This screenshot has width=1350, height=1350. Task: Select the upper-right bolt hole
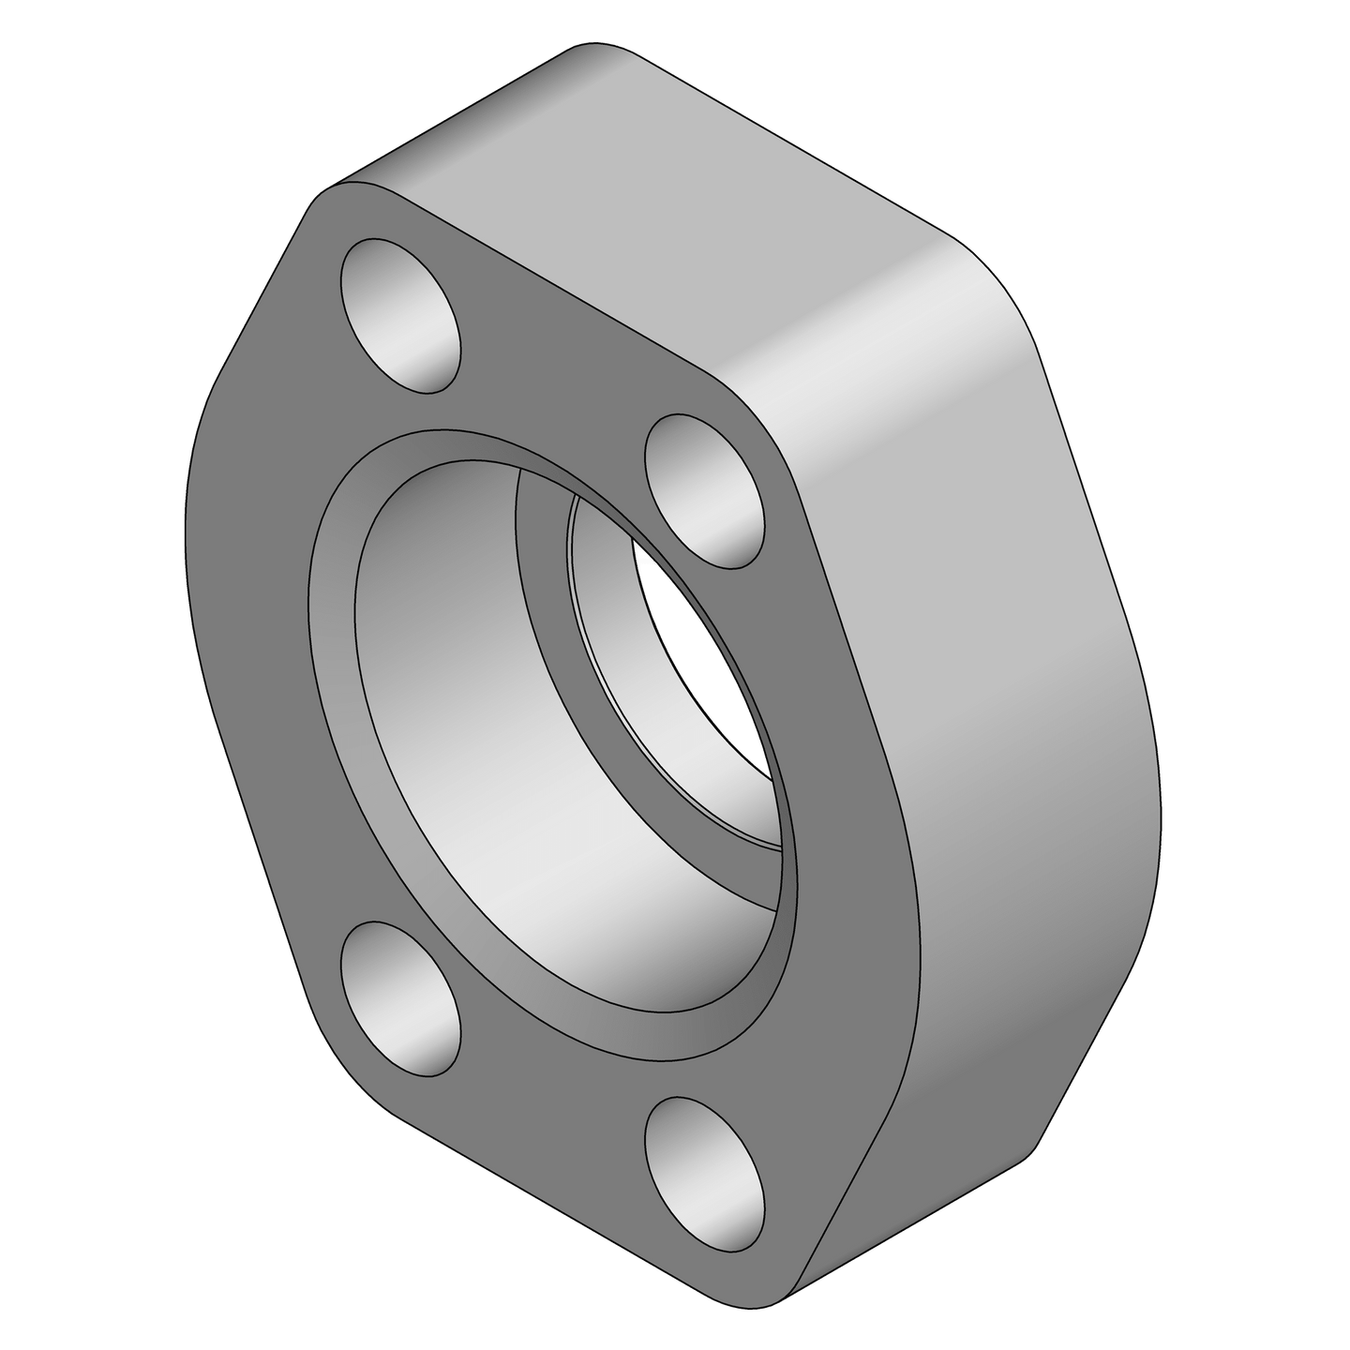(x=705, y=490)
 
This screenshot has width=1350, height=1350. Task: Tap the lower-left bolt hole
(x=401, y=1000)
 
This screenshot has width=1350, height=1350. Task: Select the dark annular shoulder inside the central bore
(x=553, y=600)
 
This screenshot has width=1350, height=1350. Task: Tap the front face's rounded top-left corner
(x=328, y=202)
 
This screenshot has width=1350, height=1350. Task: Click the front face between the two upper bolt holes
(x=553, y=375)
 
